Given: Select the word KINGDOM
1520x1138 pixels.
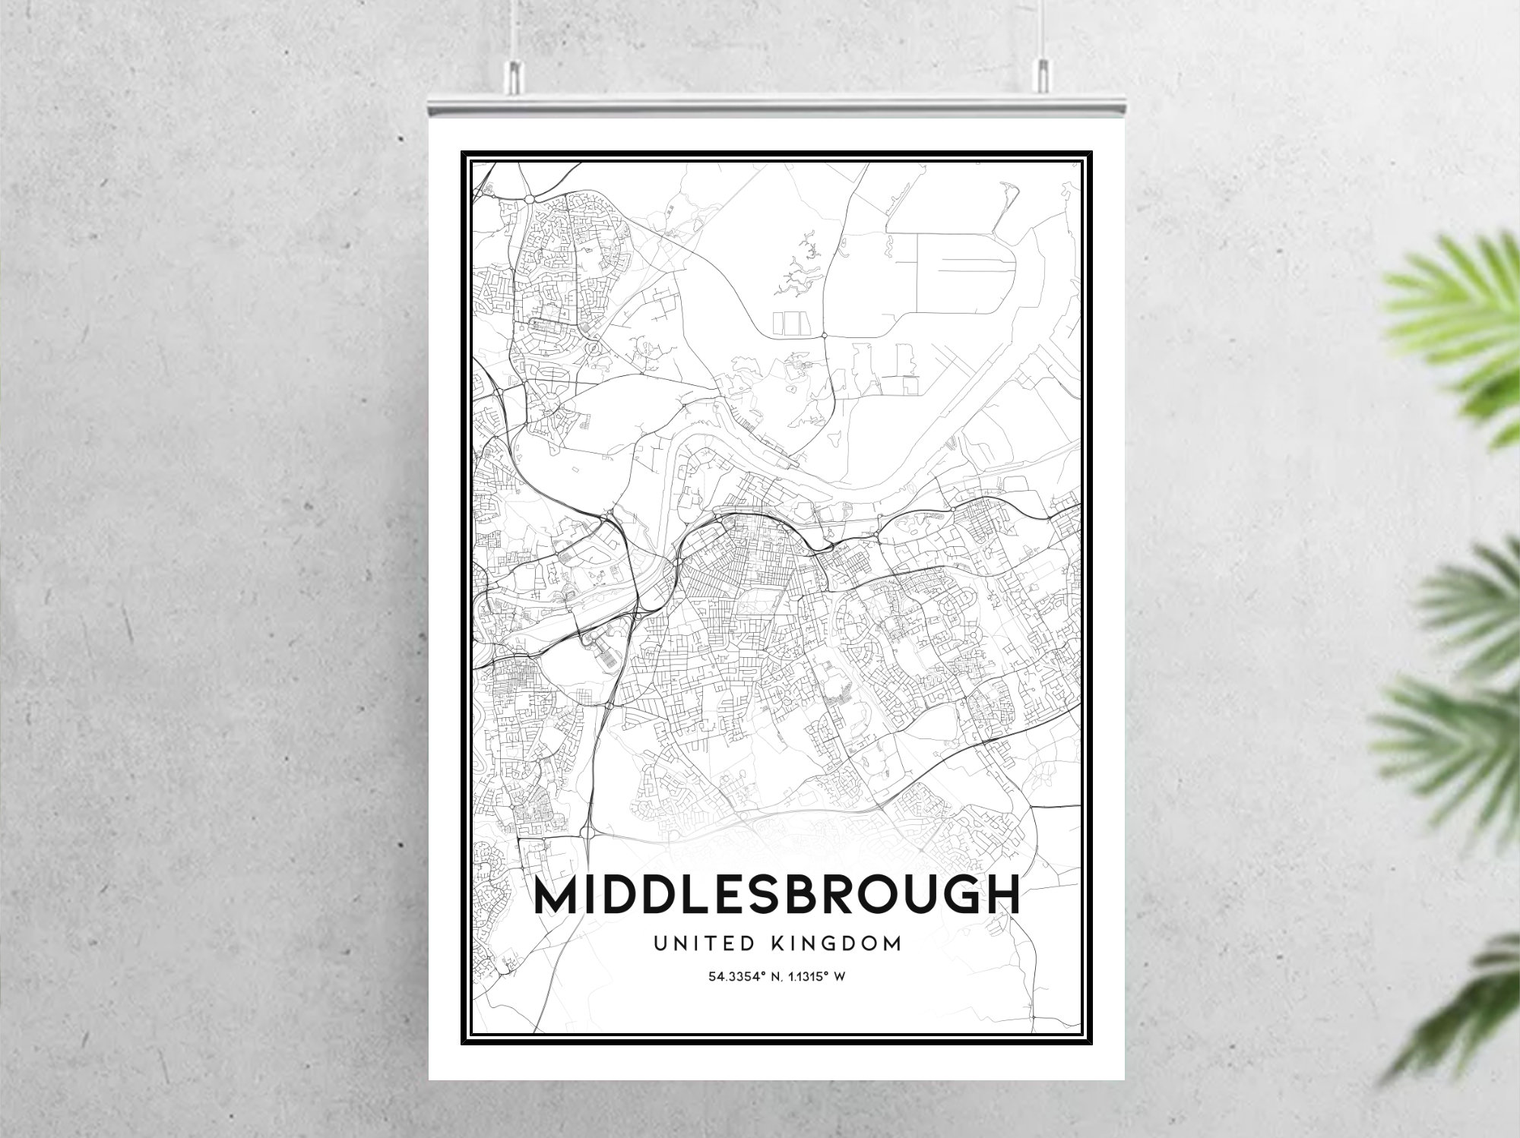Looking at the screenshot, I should click(x=836, y=944).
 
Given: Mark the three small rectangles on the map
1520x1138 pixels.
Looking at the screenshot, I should click(x=788, y=322).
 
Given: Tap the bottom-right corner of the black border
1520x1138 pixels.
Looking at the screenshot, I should click(x=1091, y=1042).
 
